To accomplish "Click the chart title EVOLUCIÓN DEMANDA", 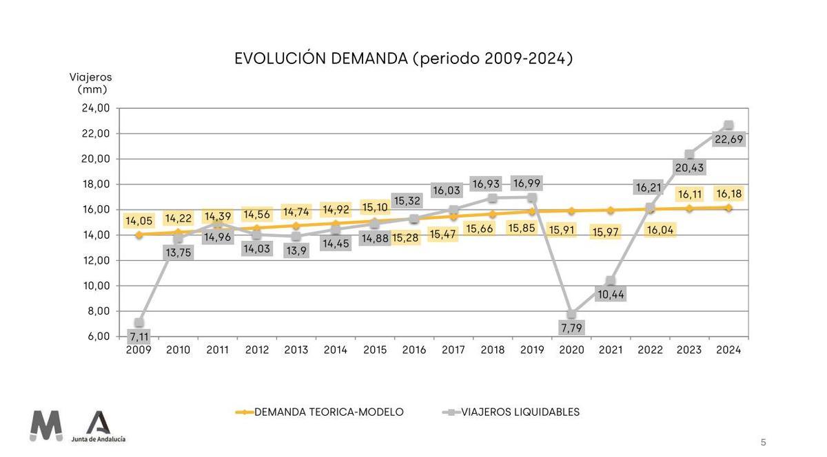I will [x=403, y=59].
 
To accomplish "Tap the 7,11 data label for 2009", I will [x=139, y=337].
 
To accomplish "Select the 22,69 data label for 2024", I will [x=728, y=140].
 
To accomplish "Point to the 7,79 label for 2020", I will [x=571, y=328].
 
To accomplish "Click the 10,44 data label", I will [x=611, y=295].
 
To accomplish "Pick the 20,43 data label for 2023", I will [x=689, y=168].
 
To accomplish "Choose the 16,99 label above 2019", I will [x=532, y=183].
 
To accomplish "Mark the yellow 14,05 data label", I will [x=139, y=221].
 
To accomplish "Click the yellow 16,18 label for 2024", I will [x=728, y=194].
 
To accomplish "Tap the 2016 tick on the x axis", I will [x=413, y=350].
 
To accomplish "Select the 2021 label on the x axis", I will [x=611, y=350].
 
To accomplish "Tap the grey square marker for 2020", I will [x=571, y=314].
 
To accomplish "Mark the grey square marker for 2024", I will [x=728, y=125].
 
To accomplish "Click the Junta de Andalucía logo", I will [x=99, y=427].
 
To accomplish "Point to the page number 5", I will [x=763, y=443].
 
